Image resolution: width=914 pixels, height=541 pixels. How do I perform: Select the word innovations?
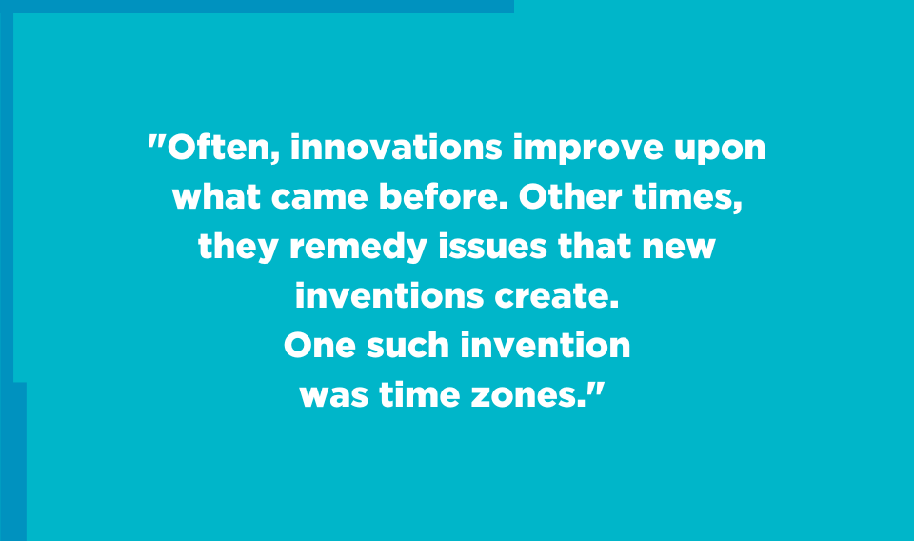click(396, 147)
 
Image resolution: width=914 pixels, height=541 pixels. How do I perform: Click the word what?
click(216, 196)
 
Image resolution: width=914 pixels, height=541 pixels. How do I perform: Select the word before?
click(443, 196)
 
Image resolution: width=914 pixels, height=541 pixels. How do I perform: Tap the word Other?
click(569, 196)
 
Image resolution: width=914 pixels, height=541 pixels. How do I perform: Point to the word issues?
click(492, 246)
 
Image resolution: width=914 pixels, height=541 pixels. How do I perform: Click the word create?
click(556, 295)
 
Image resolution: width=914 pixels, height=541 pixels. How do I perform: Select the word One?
click(320, 345)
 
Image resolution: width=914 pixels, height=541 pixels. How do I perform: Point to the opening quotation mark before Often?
click(156, 142)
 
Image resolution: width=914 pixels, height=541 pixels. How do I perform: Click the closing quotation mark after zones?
click(596, 390)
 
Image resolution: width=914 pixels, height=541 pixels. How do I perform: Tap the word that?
click(594, 246)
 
